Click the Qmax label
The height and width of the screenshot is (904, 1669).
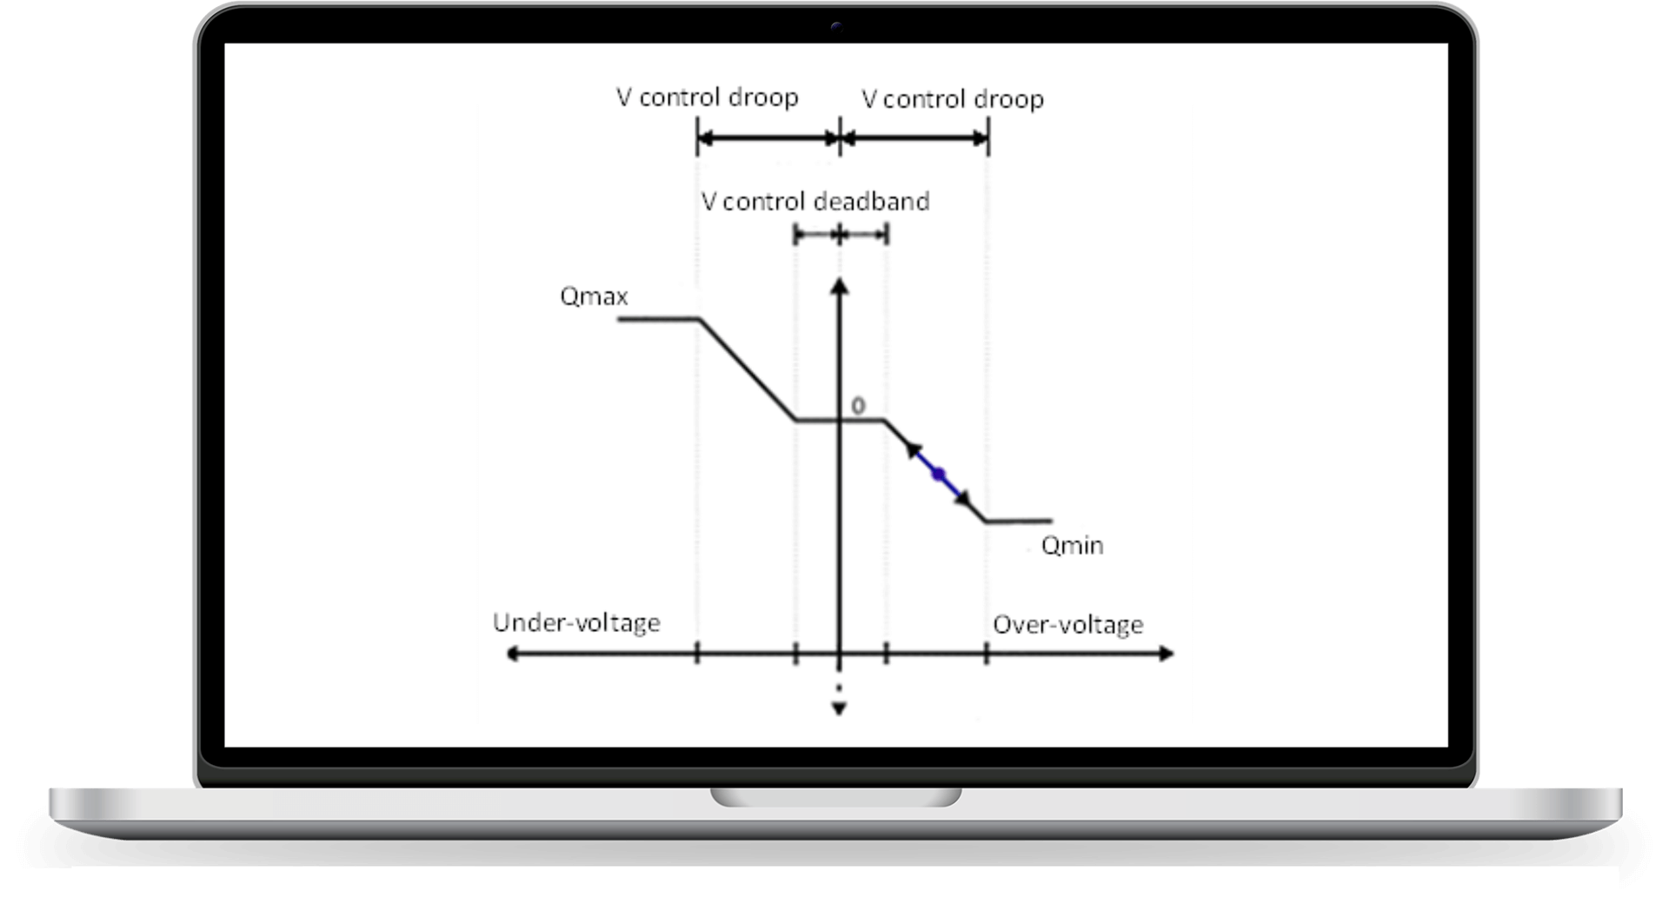point(594,297)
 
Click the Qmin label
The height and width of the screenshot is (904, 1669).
point(1072,546)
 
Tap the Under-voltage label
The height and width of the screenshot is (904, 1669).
point(576,623)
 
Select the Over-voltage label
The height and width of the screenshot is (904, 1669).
point(1067,625)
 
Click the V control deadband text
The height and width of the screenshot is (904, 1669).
point(815,202)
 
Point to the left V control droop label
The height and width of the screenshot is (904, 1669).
point(707,97)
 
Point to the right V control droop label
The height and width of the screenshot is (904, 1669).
point(953,99)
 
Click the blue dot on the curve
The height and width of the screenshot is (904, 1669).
point(938,474)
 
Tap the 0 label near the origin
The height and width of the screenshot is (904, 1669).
point(858,406)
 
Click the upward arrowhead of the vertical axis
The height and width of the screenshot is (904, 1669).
point(839,286)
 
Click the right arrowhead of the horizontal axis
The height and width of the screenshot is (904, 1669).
point(1166,654)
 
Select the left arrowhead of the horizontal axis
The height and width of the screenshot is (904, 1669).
point(513,654)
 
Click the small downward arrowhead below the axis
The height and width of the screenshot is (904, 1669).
point(839,709)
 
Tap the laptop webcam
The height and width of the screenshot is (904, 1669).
point(836,27)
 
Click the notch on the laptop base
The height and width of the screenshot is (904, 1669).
point(836,797)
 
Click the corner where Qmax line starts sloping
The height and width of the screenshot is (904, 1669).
point(701,320)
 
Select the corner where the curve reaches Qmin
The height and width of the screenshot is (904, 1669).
point(986,522)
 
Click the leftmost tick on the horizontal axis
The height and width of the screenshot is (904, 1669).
point(697,654)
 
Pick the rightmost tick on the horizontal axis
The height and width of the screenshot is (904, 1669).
point(987,654)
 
